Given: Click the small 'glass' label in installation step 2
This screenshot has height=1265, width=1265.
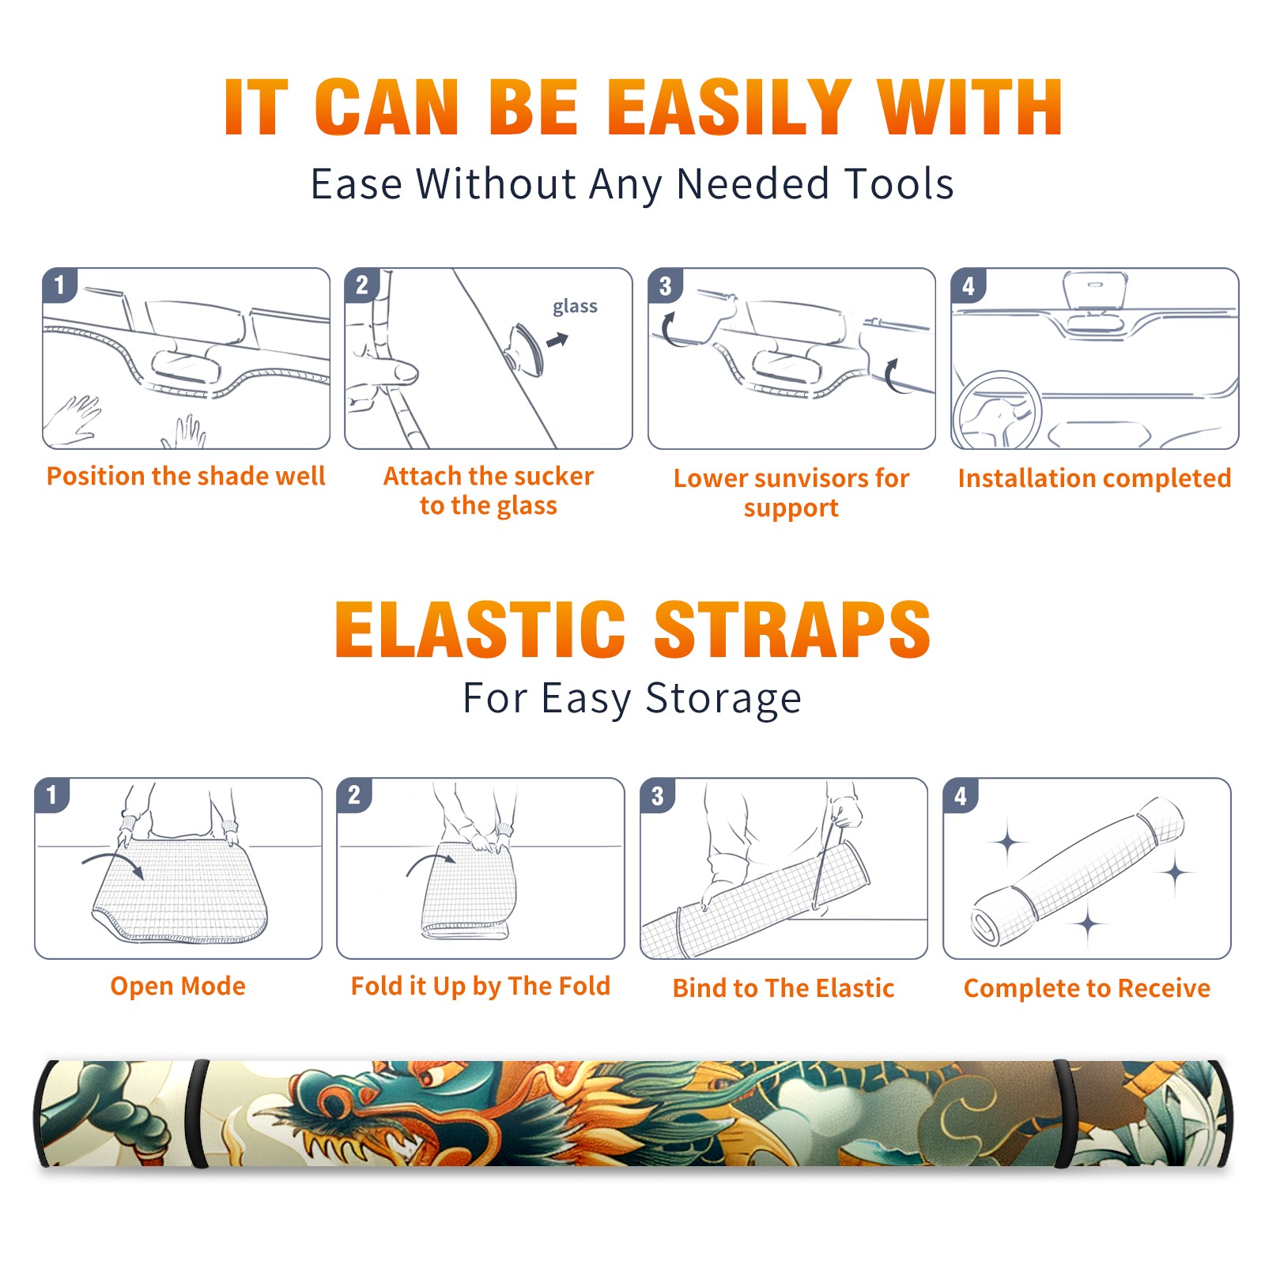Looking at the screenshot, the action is (x=575, y=307).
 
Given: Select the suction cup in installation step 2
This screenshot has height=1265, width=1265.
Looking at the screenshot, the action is (x=526, y=349).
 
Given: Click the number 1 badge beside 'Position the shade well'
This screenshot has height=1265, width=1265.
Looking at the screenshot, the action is (x=60, y=285).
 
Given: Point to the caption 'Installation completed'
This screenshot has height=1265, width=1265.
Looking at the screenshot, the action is (x=1094, y=478).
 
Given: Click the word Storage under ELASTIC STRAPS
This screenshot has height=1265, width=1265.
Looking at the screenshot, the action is (x=723, y=699).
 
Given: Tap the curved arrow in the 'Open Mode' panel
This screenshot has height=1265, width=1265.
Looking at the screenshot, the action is (x=113, y=860).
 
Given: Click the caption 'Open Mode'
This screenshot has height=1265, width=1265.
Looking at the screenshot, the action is (x=178, y=987).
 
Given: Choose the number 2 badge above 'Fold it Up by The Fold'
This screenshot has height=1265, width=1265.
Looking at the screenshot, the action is (x=354, y=795).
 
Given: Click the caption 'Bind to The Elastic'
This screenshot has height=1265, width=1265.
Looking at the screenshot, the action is (x=784, y=988).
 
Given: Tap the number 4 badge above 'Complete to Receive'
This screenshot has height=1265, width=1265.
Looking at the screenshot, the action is (x=961, y=795).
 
